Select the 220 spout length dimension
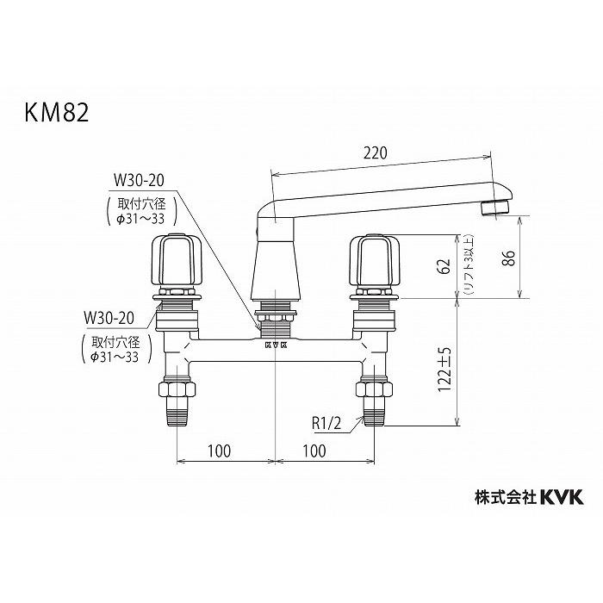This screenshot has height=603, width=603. (375, 152)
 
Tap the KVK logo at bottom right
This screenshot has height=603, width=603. (562, 496)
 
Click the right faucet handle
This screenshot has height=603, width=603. (374, 260)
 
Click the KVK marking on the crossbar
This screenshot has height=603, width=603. (275, 343)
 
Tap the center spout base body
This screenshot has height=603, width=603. (275, 267)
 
